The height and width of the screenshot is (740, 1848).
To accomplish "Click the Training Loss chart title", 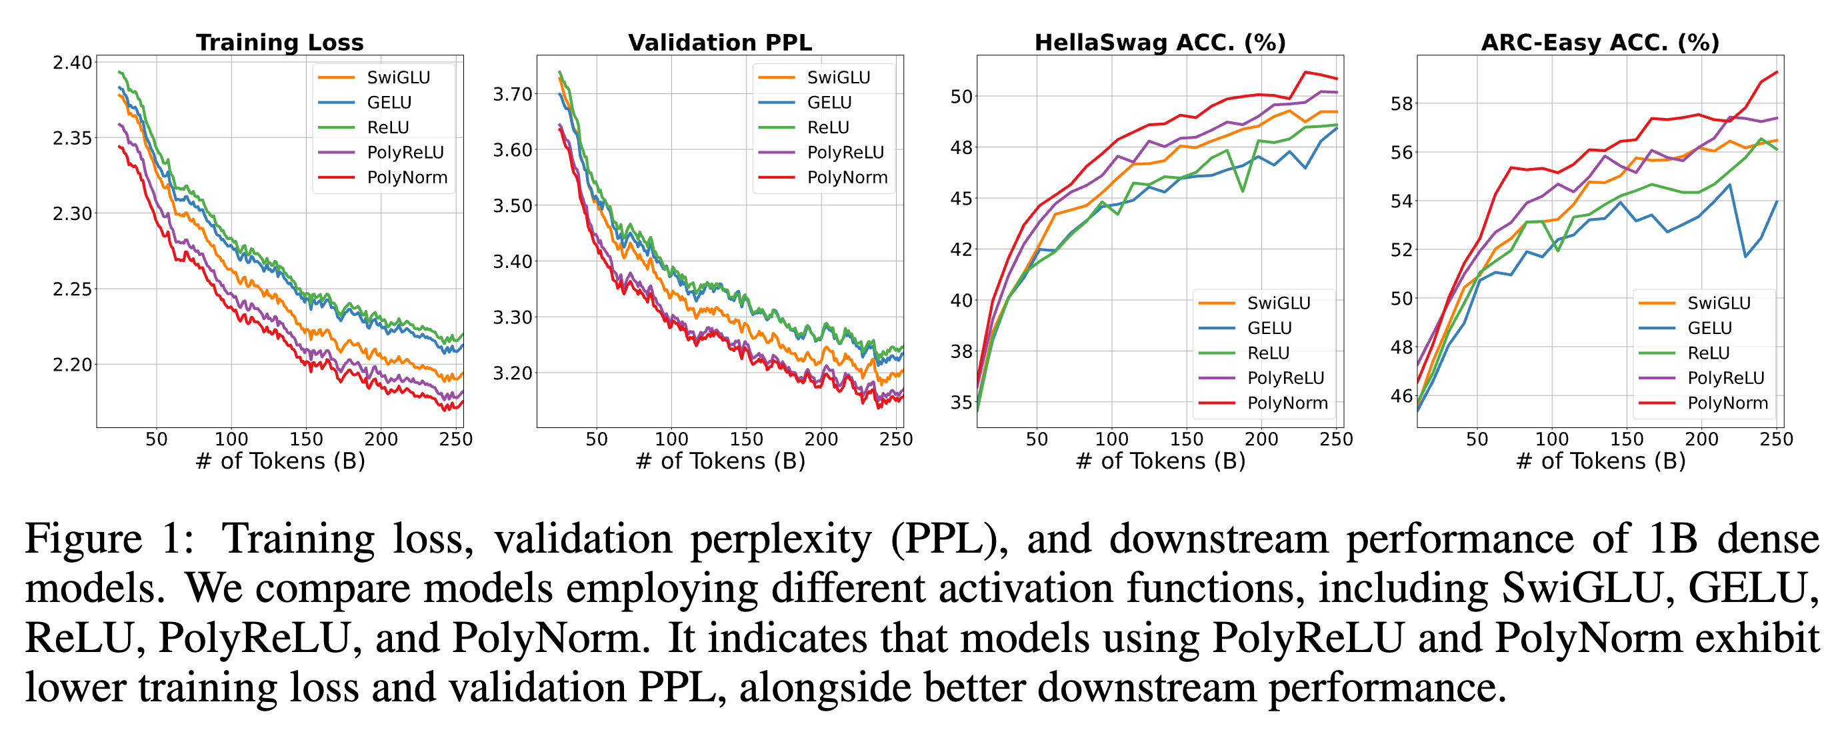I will point(280,42).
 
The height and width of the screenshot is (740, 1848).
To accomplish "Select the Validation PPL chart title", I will point(719,42).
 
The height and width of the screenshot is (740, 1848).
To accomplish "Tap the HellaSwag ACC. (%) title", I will point(1159,42).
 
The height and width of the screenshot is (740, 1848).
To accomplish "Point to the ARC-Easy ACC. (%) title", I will point(1600,42).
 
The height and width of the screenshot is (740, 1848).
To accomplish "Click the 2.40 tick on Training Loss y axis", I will point(73,63).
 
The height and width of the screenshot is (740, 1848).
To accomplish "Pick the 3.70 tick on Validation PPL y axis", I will point(512,94).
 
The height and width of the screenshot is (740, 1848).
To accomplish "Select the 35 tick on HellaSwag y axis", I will point(961,402).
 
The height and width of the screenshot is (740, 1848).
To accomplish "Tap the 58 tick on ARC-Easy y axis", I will point(1401,104).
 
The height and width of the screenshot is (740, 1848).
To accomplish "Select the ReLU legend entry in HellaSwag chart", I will point(1269,353).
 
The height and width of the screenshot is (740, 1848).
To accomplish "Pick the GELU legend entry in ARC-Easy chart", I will point(1709,328).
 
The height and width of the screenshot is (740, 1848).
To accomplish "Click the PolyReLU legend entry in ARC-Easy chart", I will point(1725,378).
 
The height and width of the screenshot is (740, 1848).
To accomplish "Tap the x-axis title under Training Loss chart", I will point(280,461).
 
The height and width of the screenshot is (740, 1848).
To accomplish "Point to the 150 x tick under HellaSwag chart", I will point(1186,439).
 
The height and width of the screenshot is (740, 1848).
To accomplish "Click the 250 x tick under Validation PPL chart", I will point(895,439).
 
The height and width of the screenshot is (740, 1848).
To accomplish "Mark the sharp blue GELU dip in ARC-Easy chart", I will point(1745,256).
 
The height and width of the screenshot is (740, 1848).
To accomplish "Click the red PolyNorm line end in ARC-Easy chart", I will point(1777,73).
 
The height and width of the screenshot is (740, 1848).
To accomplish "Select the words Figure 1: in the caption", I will point(109,539).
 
